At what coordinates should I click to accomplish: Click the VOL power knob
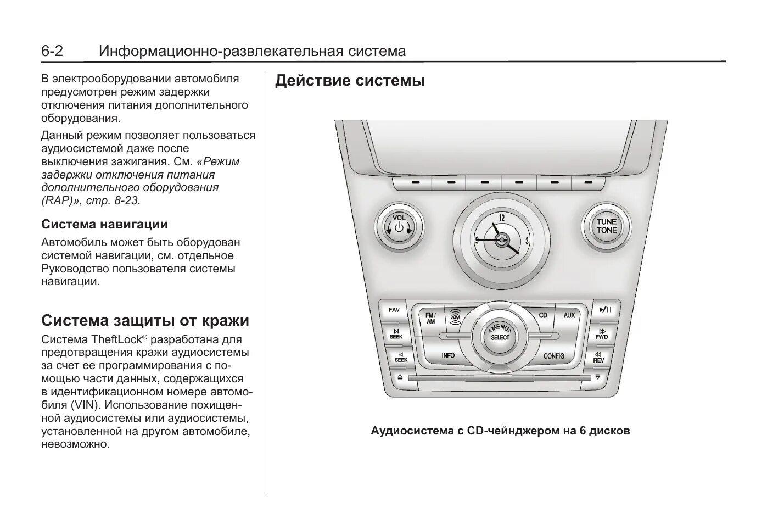coord(399,226)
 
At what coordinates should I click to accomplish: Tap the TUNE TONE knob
coord(606,226)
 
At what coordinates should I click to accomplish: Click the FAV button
coord(394,310)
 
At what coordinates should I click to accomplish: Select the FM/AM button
coord(430,318)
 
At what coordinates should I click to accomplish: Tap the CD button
coord(543,315)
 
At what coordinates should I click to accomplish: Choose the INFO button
coord(448,355)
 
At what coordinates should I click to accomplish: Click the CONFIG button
coord(554,356)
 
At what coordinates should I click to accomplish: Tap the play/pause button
coord(606,310)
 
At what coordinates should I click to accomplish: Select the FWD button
coord(602,334)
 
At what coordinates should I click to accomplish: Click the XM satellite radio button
coord(455,316)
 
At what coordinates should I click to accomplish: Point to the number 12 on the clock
coord(501,218)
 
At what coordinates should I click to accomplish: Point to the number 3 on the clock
coord(527,241)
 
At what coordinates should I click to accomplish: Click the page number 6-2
coord(52,52)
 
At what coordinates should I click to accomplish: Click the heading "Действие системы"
coord(350,81)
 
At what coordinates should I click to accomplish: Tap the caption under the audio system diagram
coord(500,431)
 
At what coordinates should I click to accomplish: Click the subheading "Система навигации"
coord(104,224)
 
